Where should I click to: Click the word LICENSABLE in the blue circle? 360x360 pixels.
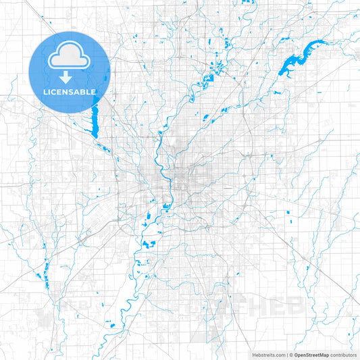coord(70,91)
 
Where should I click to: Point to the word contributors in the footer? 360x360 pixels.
coord(342,354)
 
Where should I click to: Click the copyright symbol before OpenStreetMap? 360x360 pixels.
coord(291,354)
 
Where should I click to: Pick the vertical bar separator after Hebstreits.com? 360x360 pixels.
coord(286,354)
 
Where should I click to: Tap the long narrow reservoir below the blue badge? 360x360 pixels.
coord(95,122)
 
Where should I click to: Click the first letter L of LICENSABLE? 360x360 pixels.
coord(45,91)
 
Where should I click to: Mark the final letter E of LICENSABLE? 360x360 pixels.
coord(94,91)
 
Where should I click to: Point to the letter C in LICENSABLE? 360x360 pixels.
coord(54,91)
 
